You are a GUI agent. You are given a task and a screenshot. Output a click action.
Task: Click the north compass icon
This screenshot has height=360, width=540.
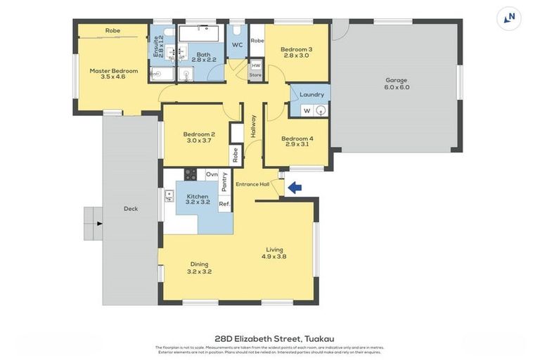tap(508, 18)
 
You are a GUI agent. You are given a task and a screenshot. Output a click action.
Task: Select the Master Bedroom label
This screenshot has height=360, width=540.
tap(113, 70)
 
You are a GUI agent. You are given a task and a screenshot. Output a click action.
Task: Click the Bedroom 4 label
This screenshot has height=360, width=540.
tap(297, 139)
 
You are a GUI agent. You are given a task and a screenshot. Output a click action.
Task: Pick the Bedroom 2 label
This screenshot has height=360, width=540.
tap(199, 134)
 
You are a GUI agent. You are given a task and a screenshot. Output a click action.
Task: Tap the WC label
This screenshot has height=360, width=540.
tap(238, 45)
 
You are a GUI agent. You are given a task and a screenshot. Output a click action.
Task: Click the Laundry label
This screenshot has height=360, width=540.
tap(311, 94)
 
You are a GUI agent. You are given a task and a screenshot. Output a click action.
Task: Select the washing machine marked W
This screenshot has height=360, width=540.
tap(307, 110)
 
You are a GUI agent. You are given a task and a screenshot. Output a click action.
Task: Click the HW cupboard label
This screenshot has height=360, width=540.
tap(255, 65)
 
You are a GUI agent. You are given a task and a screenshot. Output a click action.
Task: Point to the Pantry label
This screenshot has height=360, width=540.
tap(224, 181)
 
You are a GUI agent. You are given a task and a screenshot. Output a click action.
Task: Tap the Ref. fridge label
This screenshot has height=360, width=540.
tap(224, 204)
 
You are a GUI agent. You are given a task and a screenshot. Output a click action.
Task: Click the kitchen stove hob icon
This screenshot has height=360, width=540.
tap(191, 174)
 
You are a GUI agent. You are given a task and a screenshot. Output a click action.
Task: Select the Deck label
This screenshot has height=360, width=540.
tap(131, 208)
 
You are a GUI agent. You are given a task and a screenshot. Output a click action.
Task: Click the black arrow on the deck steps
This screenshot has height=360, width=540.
tap(99, 224)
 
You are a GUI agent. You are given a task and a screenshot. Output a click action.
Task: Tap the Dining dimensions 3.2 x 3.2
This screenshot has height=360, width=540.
tap(199, 271)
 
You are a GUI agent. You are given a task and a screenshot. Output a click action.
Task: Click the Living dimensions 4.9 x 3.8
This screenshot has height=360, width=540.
tap(274, 257)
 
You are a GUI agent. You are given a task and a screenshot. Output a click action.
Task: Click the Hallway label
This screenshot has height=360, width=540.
tap(253, 126)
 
